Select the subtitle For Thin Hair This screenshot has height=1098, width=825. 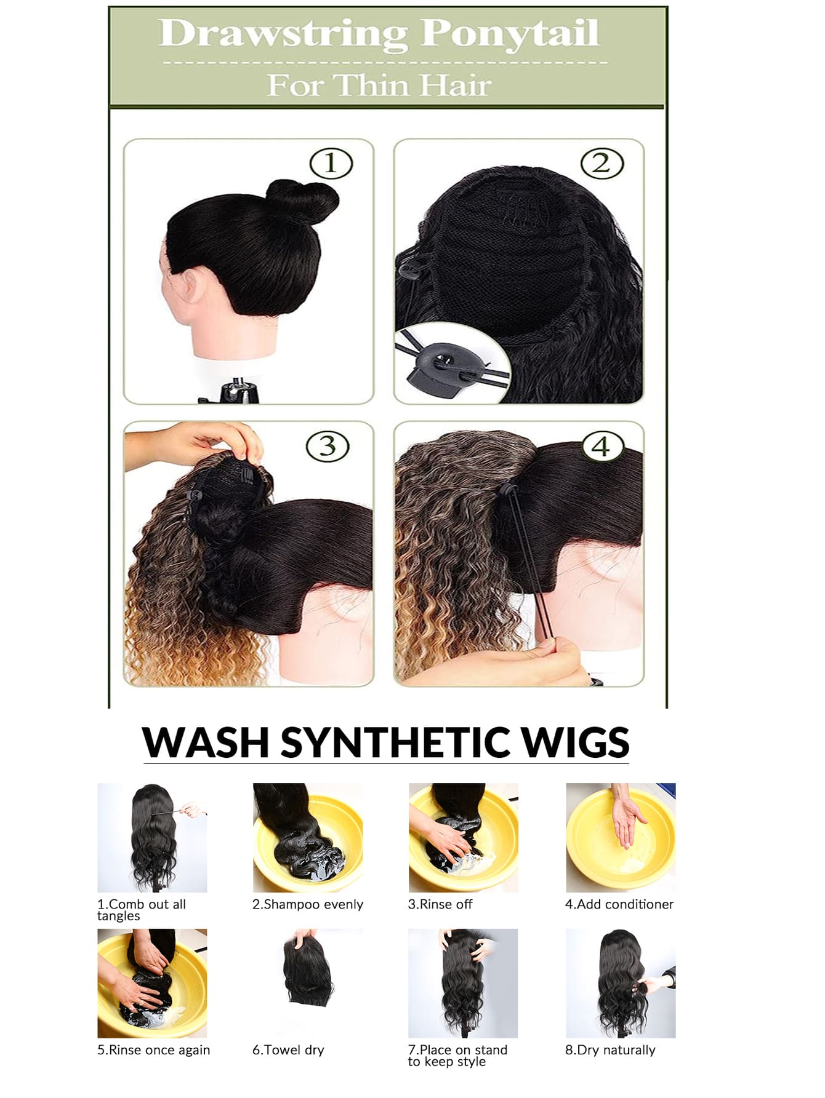point(379,85)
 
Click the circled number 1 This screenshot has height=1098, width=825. point(331,164)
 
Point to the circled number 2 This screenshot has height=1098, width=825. point(602,163)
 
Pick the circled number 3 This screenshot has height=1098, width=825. point(328,446)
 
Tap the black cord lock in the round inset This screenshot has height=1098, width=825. point(441,365)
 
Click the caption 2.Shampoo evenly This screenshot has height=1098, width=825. point(308,904)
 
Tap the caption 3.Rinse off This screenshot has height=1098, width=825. point(440,904)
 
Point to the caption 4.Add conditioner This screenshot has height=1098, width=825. point(619,904)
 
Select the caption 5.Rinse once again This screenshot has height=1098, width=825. point(154,1050)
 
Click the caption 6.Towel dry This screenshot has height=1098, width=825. point(288,1050)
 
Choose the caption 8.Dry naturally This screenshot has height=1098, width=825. point(610,1050)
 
